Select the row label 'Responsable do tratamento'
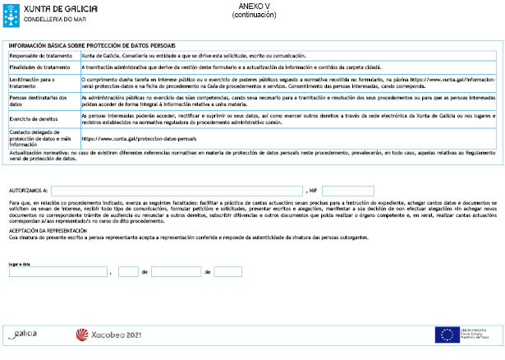[37, 55]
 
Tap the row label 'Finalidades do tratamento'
[38, 67]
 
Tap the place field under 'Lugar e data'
[57, 271]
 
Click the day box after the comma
[128, 271]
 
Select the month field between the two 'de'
[176, 271]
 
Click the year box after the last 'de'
[227, 271]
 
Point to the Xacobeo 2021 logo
[108, 335]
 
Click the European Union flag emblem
[447, 335]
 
